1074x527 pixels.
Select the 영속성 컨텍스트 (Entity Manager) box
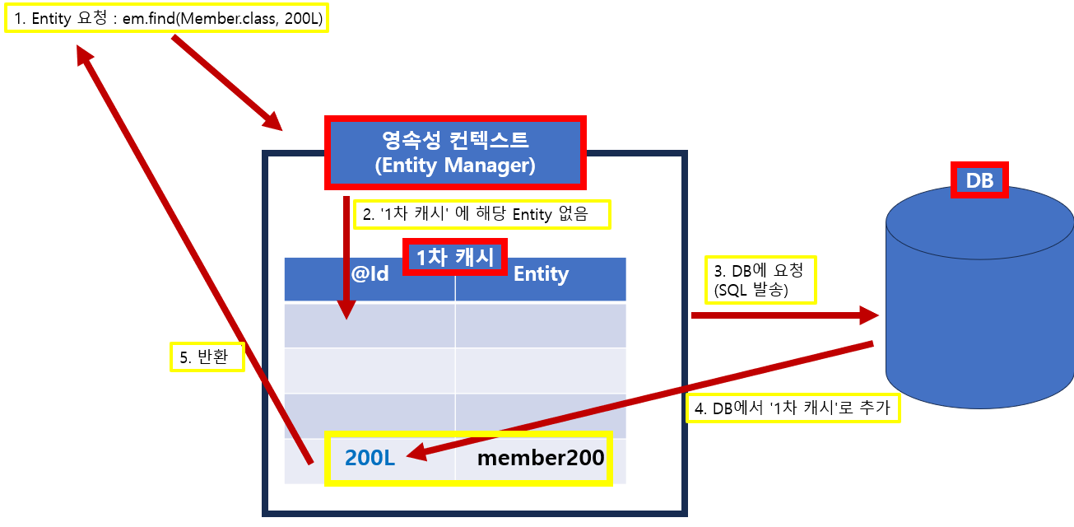[x=455, y=152]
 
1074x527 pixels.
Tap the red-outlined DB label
[x=979, y=180]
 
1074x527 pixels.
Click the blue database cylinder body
[x=979, y=313]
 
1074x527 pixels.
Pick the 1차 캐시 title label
[x=454, y=257]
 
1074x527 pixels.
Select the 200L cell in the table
[x=370, y=459]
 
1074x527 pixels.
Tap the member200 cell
[x=541, y=459]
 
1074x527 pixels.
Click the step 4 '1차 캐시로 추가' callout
[x=793, y=408]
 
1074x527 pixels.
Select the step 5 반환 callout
[x=207, y=357]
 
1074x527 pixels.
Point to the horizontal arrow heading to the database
[x=782, y=315]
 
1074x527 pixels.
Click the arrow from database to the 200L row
[x=642, y=399]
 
